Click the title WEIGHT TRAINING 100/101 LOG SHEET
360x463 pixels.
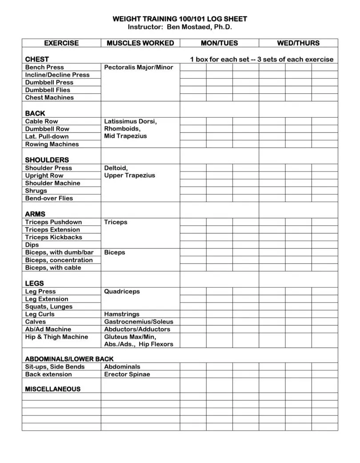[180, 19]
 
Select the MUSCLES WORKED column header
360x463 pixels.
[140, 43]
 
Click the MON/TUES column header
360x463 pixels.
[219, 43]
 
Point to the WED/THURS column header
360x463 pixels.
[298, 43]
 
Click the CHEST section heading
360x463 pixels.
[37, 59]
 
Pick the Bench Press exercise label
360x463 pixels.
[44, 67]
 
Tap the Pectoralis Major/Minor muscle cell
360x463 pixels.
[138, 67]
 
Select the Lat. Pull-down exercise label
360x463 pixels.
[47, 136]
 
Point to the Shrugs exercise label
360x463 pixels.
[36, 191]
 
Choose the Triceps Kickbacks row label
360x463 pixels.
[53, 237]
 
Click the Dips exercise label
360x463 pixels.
[32, 245]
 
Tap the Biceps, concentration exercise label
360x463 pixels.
[59, 260]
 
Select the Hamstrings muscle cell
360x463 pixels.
[122, 314]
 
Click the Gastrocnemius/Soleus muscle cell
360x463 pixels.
[139, 322]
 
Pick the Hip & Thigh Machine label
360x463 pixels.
[56, 337]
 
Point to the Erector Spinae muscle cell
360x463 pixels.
[127, 374]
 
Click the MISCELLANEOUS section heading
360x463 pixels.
[52, 389]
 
